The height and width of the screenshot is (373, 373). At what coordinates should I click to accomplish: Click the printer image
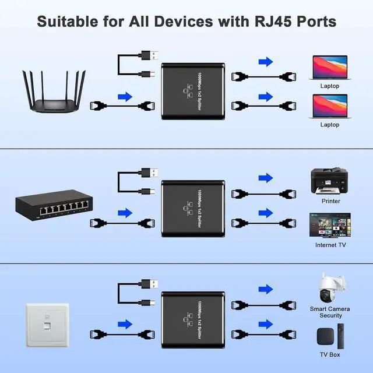tap(330, 182)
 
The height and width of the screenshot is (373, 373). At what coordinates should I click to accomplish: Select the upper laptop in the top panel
tap(330, 68)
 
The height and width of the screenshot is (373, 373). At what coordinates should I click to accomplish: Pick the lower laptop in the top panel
tap(330, 106)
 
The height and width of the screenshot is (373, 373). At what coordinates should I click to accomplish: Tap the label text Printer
tap(330, 201)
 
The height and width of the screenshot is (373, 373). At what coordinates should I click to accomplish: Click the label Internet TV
tap(330, 245)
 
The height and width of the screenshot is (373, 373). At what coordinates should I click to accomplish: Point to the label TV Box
tap(330, 354)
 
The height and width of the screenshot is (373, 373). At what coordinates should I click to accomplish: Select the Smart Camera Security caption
tap(330, 312)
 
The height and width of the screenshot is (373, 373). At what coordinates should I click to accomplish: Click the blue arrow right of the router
tap(124, 96)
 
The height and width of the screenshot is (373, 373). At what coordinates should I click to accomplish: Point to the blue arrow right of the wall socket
tap(124, 324)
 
